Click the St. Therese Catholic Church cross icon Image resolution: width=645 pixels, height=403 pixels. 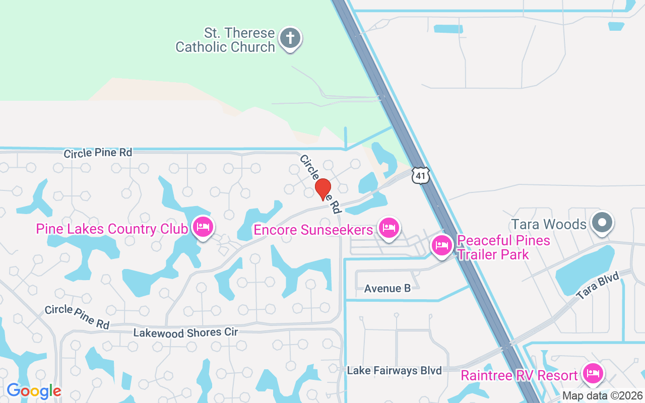point(290,38)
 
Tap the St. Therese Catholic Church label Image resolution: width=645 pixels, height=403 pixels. point(225,40)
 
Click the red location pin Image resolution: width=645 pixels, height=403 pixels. point(322,189)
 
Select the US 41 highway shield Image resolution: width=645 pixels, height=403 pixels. point(420,175)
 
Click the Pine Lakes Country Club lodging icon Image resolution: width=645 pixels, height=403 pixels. point(203,227)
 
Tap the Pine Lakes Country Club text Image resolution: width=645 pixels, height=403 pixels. point(112,230)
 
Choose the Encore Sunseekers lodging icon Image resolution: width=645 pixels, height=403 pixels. point(388,228)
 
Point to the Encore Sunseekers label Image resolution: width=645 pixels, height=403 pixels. point(313,230)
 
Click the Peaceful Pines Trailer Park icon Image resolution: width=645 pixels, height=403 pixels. point(442,245)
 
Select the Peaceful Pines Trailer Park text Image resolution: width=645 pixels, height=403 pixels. point(503,247)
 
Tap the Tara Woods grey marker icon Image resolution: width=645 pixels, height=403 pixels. point(602,222)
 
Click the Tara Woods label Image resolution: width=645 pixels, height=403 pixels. point(549,224)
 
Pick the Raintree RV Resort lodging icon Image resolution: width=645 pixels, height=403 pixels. point(593,374)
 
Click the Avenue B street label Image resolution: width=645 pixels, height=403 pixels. point(387,289)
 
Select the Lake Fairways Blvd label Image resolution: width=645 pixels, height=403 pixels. point(395,371)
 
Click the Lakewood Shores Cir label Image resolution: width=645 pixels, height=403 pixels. point(185,332)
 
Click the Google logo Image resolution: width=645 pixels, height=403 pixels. point(34,391)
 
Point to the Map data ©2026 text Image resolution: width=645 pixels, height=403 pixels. point(603,396)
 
